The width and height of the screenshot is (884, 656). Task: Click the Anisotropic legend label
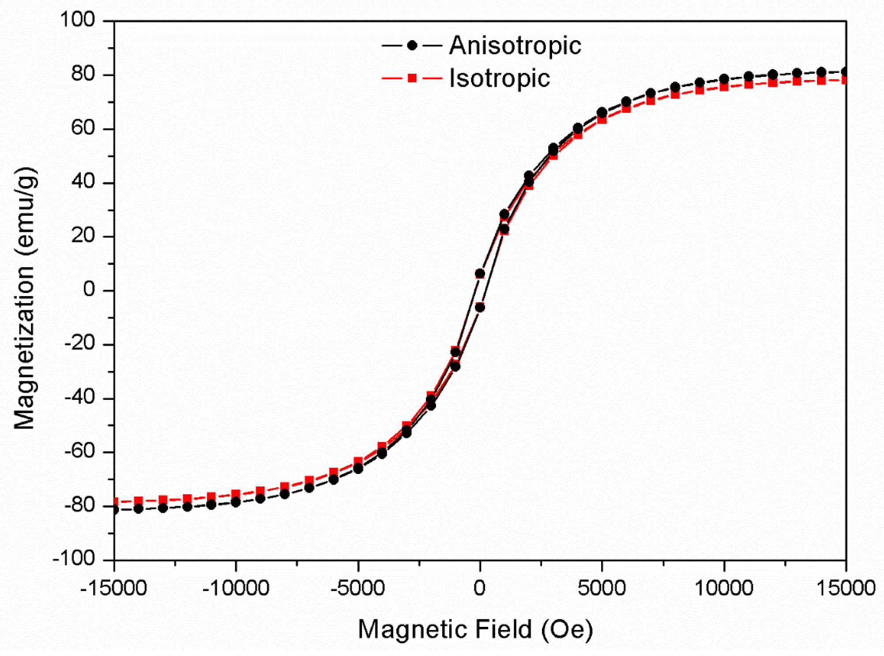[515, 46]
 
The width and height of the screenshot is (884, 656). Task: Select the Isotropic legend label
[499, 79]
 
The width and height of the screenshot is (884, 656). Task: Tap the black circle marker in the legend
[412, 46]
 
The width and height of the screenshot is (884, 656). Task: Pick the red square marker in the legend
[412, 79]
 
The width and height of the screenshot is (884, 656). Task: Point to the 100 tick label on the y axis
[77, 20]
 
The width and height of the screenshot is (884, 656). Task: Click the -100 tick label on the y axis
[74, 559]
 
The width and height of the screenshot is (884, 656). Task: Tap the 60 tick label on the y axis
[83, 128]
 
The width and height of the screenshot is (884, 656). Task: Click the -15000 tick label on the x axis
[113, 588]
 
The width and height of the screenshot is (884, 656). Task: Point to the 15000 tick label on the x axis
[846, 588]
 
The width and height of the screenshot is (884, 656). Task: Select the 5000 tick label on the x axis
[602, 588]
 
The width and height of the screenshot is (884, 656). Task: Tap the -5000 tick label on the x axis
[357, 588]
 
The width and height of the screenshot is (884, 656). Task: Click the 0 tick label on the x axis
[480, 588]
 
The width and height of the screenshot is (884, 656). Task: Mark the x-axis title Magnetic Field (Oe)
[475, 629]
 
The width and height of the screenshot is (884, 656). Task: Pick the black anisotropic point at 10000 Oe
[724, 79]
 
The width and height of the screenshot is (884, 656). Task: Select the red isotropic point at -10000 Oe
[236, 494]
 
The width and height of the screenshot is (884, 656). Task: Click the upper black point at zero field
[480, 274]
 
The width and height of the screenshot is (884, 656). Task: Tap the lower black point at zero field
[480, 307]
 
